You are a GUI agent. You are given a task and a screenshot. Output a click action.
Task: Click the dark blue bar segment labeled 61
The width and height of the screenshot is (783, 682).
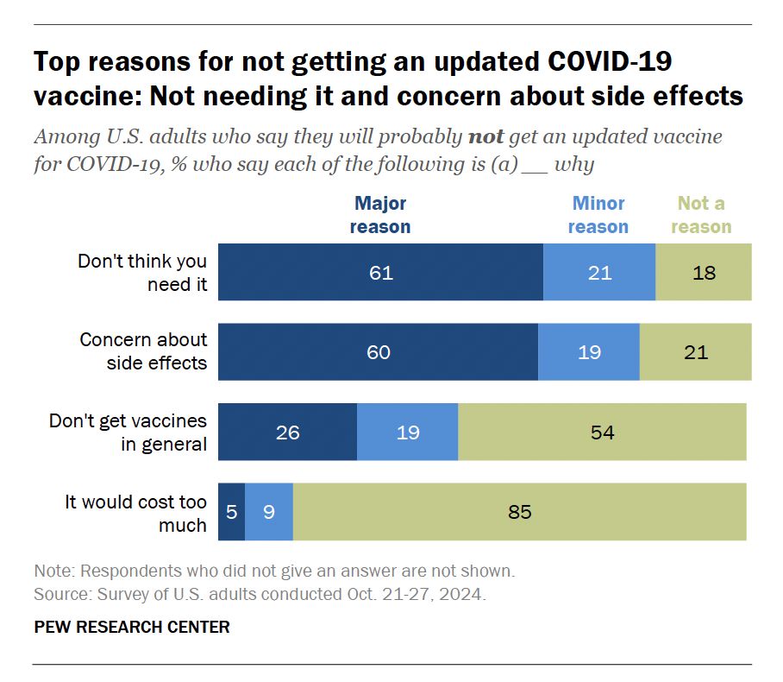(380, 273)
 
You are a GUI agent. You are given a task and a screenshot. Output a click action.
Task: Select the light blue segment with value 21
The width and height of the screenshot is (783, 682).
(599, 273)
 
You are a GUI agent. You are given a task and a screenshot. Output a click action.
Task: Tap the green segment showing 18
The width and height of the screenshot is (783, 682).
(703, 273)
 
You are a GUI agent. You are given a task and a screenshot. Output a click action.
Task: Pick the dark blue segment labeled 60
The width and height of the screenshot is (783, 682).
(378, 352)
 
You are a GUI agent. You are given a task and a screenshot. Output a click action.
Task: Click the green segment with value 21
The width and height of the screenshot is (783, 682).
(695, 352)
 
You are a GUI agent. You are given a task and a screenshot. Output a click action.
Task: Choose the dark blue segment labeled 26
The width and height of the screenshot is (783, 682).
(287, 432)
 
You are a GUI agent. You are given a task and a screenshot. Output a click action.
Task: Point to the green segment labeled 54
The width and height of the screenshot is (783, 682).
(602, 432)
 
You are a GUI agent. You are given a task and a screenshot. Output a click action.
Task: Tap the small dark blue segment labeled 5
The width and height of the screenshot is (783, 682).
(231, 512)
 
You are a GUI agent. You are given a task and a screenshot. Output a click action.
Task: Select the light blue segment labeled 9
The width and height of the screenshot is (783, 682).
(269, 512)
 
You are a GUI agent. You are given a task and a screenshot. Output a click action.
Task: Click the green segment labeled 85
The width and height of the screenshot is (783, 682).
(519, 512)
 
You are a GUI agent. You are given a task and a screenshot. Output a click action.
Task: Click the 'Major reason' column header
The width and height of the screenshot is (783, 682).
(380, 215)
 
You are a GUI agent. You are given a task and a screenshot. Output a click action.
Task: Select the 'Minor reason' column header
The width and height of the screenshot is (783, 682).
(598, 215)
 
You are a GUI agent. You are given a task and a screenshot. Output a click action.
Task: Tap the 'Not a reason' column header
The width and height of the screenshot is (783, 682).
(701, 215)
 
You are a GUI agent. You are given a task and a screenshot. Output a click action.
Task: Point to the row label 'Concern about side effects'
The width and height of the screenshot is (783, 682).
(144, 351)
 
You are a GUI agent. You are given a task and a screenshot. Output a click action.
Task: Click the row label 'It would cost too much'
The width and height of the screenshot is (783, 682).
(136, 513)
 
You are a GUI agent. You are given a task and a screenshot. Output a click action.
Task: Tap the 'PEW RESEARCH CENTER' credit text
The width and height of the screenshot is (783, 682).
(132, 627)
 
